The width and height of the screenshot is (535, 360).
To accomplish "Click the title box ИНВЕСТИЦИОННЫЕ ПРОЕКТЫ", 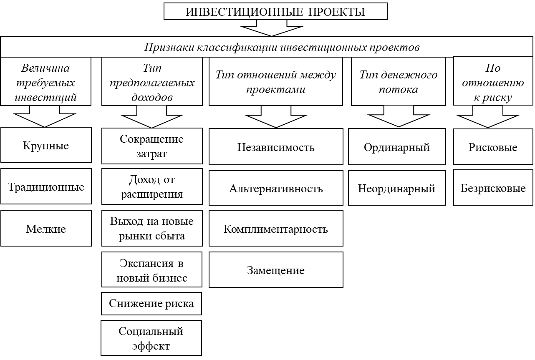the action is pos(275,11).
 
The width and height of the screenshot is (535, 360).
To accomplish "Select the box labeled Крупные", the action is pos(46,145).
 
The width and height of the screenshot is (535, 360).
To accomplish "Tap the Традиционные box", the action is pos(46,186).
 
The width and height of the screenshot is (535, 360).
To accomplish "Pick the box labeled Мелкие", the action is pos(46,228).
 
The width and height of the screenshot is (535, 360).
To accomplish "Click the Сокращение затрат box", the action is pos(152,146).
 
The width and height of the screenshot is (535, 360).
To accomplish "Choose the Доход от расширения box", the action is pos(152,186).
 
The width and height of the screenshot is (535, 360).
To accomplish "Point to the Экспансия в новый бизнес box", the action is pos(151,269).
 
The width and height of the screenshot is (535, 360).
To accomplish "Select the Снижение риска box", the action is pos(151,304).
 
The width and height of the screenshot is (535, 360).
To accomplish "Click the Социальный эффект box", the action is pos(151,338).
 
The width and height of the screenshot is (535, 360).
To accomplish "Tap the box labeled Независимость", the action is pos(276,147).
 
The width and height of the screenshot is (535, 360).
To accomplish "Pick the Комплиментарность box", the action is pos(276,228).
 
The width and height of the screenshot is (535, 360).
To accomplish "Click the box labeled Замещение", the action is pos(276,270).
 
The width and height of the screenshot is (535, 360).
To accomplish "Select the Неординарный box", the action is pos(397,188).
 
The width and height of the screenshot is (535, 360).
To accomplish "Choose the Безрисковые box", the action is pos(493,188).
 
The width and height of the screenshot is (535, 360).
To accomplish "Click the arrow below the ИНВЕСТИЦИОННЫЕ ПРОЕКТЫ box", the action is pos(272,28).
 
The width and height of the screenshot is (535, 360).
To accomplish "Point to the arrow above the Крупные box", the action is pos(45,116).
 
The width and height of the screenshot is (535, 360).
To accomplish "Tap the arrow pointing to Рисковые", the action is pos(488,117).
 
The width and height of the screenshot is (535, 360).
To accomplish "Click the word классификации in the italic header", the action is pos(237,47).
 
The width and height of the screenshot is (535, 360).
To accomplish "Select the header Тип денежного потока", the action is pos(399,81).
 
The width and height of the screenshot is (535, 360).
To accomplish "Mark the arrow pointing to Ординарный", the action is pos(399,116).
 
